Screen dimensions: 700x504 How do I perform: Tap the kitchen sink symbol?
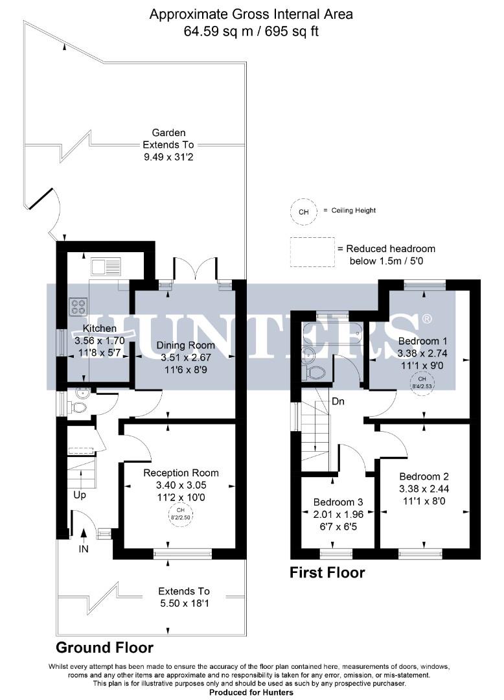pos(106,266)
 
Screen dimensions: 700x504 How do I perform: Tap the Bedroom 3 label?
pos(339,502)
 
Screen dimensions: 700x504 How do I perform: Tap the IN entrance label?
pos(84,548)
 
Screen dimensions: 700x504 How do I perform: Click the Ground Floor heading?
pos(104,647)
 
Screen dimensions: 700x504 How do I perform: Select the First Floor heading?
pos(327,572)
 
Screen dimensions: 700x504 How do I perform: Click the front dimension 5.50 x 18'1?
pos(185,603)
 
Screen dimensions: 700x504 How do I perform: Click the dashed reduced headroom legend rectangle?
pos(310,252)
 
